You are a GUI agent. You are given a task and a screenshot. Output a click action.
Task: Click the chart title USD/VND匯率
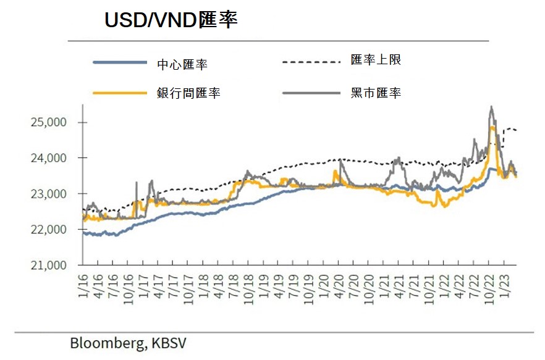pyautogui.click(x=171, y=20)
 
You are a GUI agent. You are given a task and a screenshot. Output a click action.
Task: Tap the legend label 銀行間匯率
pyautogui.click(x=188, y=93)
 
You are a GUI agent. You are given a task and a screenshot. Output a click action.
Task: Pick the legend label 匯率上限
pyautogui.click(x=376, y=61)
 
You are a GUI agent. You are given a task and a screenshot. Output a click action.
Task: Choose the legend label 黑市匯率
pyautogui.click(x=376, y=93)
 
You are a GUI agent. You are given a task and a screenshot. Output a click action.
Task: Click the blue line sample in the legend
pyautogui.click(x=120, y=62)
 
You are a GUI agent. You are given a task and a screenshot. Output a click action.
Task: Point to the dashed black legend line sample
pyautogui.click(x=311, y=62)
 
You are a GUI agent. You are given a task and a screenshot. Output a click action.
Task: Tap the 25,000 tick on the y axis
pyautogui.click(x=48, y=122)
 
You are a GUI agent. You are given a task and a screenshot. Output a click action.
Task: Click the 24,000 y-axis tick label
pyautogui.click(x=48, y=158)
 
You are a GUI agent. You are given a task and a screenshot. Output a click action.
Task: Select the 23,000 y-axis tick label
pyautogui.click(x=48, y=194)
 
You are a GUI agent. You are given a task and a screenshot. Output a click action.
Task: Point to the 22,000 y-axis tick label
pyautogui.click(x=48, y=230)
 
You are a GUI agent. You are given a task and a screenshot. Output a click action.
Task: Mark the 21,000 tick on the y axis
pyautogui.click(x=48, y=266)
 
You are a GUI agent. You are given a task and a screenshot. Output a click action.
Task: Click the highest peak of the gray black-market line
pyautogui.click(x=491, y=107)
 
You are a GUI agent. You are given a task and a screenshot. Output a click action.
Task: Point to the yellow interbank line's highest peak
pyautogui.click(x=492, y=127)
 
